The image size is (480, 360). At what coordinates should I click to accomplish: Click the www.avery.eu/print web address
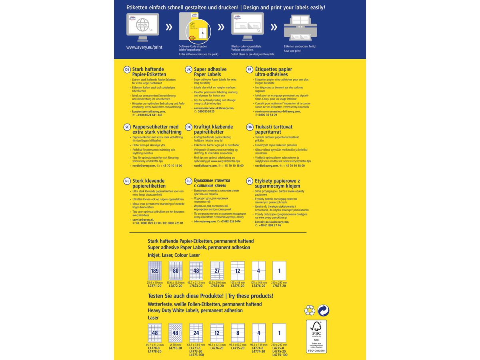click(144, 47)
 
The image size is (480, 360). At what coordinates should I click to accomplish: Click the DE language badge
click(127, 70)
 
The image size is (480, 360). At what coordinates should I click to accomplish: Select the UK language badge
click(188, 70)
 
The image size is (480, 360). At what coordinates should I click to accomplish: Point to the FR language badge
click(250, 70)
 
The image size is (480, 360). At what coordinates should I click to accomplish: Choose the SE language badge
click(127, 127)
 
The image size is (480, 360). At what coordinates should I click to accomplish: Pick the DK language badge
click(188, 127)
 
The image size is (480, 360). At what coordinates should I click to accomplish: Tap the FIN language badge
click(250, 127)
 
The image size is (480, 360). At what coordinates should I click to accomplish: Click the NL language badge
click(127, 181)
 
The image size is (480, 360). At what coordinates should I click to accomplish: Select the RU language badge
click(188, 181)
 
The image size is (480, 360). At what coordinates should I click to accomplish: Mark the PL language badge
click(250, 181)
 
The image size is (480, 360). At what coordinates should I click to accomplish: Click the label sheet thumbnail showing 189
click(154, 271)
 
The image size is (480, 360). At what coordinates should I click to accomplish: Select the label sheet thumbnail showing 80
click(175, 271)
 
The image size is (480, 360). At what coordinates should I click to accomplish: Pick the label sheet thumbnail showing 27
click(217, 271)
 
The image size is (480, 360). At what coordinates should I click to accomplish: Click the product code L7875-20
click(238, 286)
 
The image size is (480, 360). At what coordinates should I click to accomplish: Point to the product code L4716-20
click(175, 348)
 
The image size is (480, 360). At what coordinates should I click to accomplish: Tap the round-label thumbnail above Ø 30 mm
click(175, 333)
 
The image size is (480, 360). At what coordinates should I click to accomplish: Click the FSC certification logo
click(316, 336)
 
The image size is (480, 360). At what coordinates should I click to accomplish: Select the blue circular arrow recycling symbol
click(323, 310)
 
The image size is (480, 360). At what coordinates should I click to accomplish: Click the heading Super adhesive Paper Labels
click(210, 72)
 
